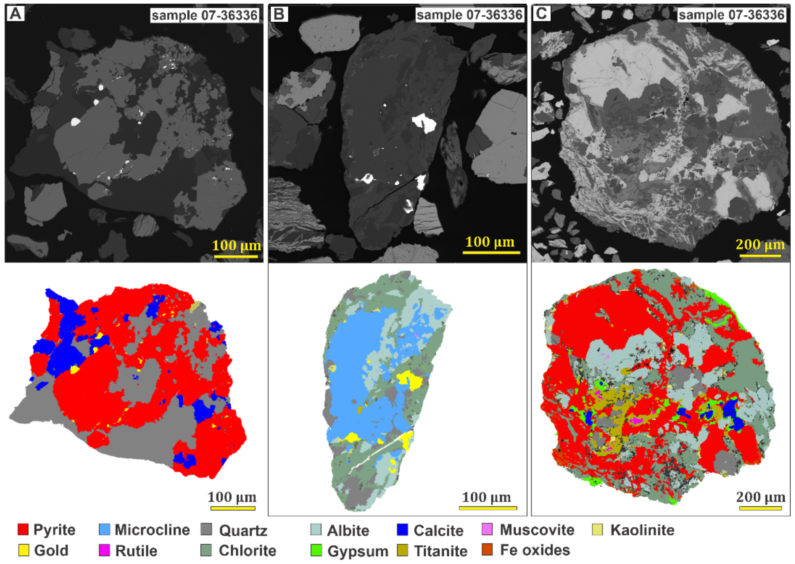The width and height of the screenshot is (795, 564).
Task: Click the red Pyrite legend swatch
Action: pyautogui.click(x=23, y=530)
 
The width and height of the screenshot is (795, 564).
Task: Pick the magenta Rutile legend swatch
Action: pyautogui.click(x=104, y=550)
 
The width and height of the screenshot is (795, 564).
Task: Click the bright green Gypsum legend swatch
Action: pyautogui.click(x=316, y=550)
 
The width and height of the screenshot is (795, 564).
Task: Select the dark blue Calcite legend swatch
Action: pyautogui.click(x=402, y=530)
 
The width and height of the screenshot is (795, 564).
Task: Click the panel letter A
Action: pyautogui.click(x=15, y=14)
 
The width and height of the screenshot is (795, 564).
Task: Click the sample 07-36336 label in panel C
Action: pyautogui.click(x=731, y=15)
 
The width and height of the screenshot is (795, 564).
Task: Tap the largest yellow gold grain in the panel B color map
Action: pyautogui.click(x=411, y=380)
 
